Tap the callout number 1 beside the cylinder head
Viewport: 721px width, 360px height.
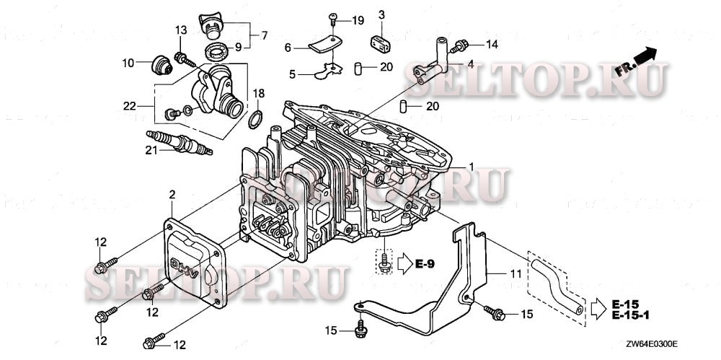tap(471, 167)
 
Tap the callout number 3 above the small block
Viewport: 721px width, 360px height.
tap(382, 14)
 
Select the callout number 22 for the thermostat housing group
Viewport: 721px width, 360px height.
tap(129, 105)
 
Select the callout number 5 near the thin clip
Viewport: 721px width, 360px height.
tap(292, 73)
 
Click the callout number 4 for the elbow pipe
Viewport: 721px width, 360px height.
tap(470, 63)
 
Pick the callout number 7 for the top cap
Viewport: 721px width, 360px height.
tap(262, 34)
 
